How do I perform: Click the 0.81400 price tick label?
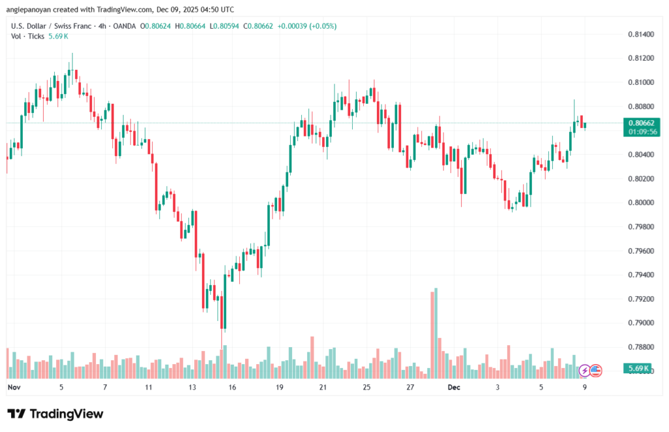tap(640, 34)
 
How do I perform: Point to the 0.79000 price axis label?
tap(640, 323)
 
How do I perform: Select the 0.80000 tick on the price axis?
tap(640, 203)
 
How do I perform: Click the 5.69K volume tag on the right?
tap(638, 369)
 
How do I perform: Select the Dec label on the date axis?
tap(454, 387)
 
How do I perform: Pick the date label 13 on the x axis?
tap(192, 387)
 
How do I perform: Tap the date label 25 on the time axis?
tap(367, 387)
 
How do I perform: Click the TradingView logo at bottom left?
tap(56, 414)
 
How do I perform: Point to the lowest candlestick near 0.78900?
tap(224, 314)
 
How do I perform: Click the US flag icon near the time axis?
tap(595, 371)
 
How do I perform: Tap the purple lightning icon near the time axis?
tap(585, 371)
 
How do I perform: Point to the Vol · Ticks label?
tap(27, 36)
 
